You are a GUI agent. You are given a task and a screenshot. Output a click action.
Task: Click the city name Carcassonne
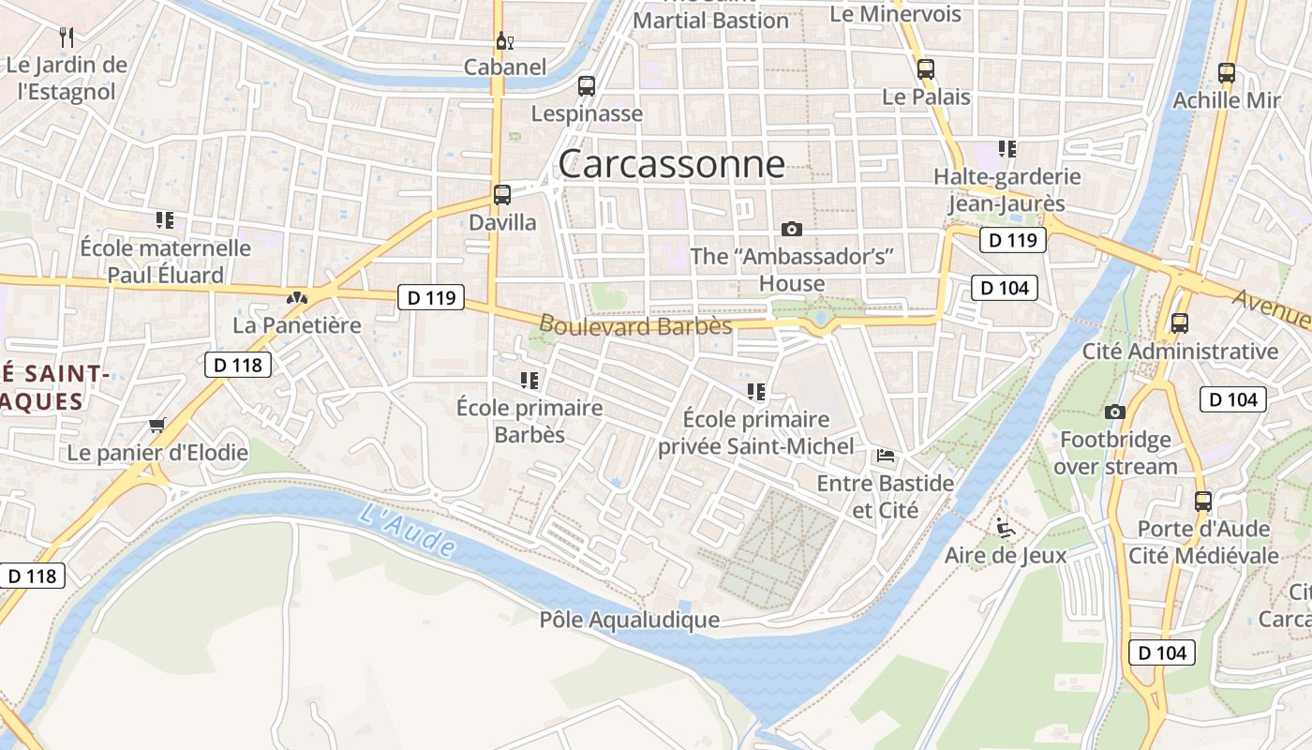[672, 164]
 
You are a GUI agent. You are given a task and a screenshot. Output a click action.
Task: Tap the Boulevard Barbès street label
[635, 325]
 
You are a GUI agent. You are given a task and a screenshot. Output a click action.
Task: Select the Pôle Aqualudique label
[630, 620]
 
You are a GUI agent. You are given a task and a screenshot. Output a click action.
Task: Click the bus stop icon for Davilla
[502, 195]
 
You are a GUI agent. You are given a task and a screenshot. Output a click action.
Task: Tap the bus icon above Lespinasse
[587, 86]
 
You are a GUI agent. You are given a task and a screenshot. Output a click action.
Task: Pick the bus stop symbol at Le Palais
[926, 69]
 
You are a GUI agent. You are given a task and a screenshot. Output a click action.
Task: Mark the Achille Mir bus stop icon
[1226, 73]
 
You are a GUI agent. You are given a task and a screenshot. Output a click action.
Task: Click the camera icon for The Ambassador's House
[792, 229]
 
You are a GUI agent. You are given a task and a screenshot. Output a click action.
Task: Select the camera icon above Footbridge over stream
[1114, 412]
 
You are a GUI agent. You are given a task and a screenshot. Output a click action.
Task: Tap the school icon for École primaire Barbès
[529, 381]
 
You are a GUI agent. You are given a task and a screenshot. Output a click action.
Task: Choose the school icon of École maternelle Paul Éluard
[165, 220]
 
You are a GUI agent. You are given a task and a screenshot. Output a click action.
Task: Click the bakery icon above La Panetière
[296, 298]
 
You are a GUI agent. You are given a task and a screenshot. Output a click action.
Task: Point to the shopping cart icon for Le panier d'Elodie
[157, 426]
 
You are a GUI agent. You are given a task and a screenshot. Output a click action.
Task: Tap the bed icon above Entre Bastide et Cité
[885, 457]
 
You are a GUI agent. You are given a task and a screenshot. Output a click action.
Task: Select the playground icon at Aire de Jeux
[1005, 527]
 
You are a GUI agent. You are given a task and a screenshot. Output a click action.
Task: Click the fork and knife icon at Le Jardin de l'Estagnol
[67, 37]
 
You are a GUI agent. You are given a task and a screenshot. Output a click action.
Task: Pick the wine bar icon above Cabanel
[504, 40]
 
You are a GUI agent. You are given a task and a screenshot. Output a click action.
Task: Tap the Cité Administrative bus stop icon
[1179, 323]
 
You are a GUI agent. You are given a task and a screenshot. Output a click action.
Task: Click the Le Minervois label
[896, 14]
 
